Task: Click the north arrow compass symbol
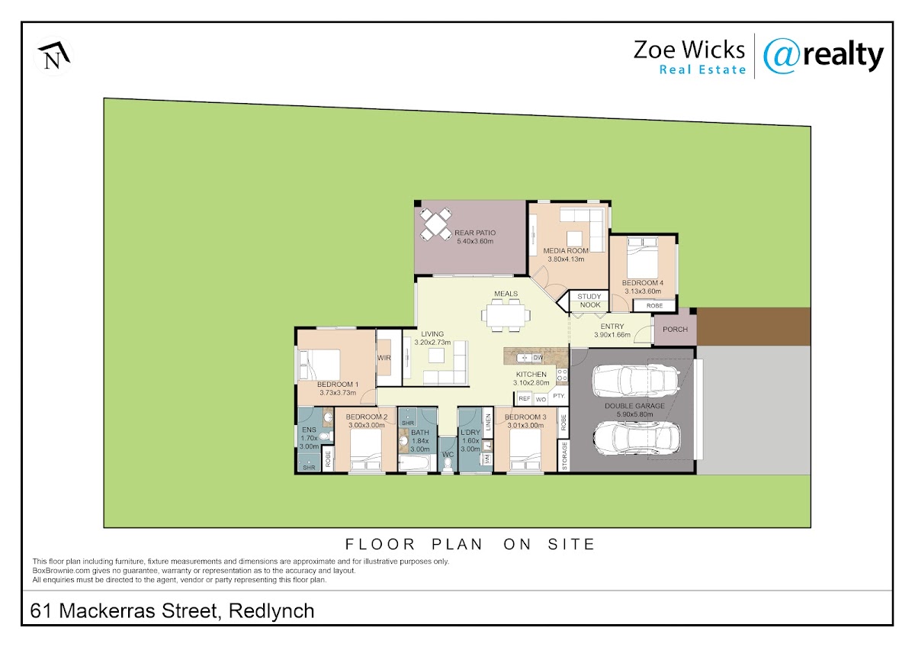54,56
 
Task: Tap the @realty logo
823,56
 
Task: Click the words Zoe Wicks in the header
689,50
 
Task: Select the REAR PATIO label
475,233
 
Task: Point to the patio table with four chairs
436,224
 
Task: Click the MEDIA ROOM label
566,250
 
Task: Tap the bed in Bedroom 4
642,257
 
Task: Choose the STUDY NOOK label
589,301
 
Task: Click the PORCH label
676,329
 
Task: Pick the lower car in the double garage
637,438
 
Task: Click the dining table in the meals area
506,315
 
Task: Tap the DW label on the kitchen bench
538,358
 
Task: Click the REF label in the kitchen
524,398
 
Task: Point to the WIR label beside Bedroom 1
384,358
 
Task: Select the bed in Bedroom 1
319,365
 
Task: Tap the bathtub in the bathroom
414,463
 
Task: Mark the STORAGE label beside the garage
564,456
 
